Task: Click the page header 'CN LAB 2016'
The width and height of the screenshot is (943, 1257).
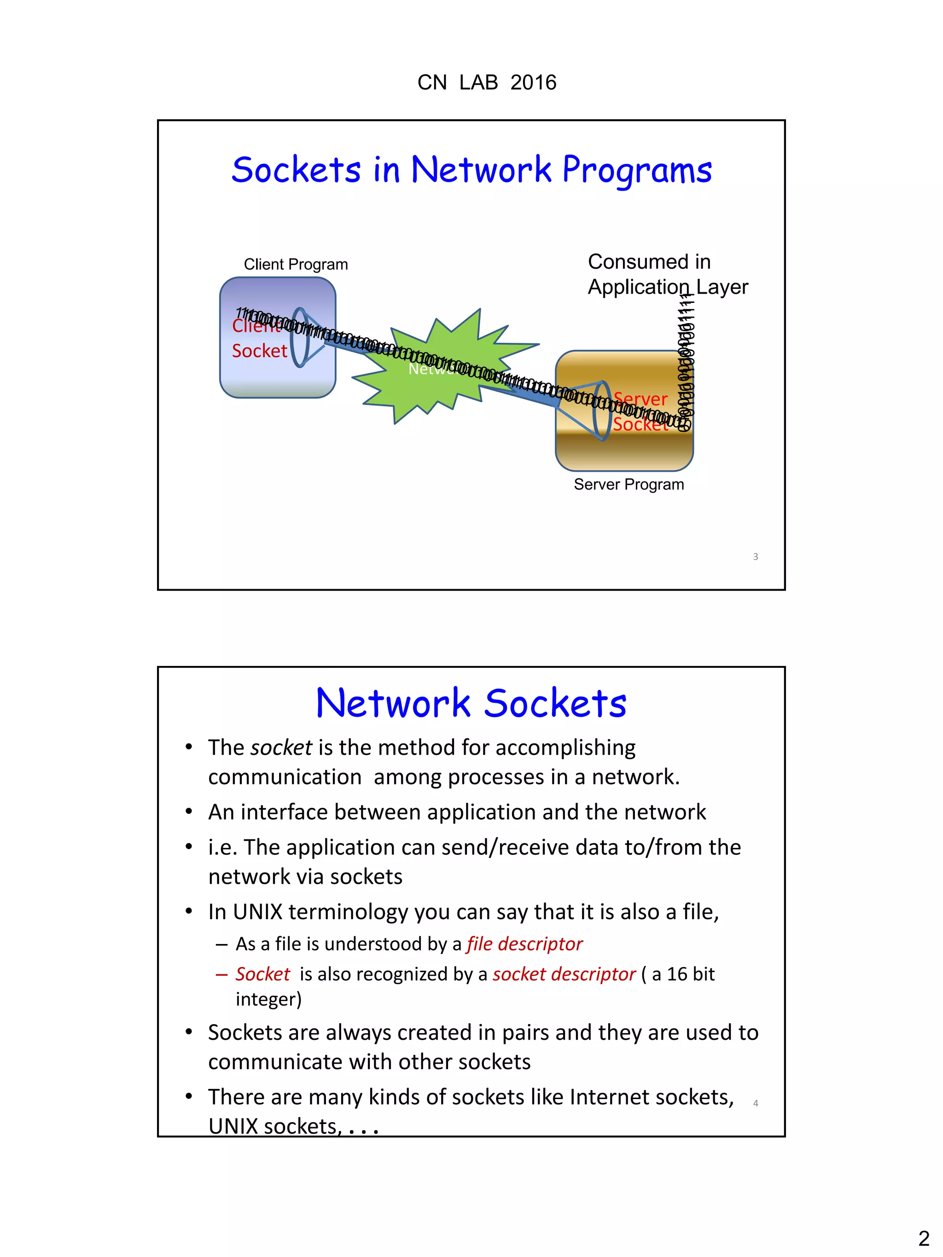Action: pyautogui.click(x=487, y=83)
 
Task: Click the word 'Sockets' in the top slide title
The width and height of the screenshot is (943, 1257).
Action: pyautogui.click(x=296, y=170)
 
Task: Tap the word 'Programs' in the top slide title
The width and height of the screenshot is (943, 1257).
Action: pyautogui.click(x=637, y=170)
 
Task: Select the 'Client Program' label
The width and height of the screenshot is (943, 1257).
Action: pyautogui.click(x=296, y=264)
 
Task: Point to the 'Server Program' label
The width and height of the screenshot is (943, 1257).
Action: pyautogui.click(x=629, y=484)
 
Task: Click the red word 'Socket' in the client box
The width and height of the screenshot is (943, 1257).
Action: pyautogui.click(x=259, y=351)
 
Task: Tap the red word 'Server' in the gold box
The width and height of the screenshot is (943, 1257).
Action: pyautogui.click(x=640, y=399)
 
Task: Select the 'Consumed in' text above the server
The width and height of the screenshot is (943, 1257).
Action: pyautogui.click(x=649, y=262)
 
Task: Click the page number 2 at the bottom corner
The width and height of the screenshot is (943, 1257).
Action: pyautogui.click(x=924, y=1238)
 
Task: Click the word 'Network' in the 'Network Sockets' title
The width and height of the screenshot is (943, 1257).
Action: pyautogui.click(x=393, y=703)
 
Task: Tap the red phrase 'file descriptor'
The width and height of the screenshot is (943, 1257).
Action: pyautogui.click(x=524, y=944)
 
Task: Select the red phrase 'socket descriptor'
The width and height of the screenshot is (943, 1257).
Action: pyautogui.click(x=564, y=974)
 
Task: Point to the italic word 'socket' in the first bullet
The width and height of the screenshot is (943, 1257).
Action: pyautogui.click(x=281, y=748)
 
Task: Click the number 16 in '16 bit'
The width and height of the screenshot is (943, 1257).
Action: pyautogui.click(x=677, y=974)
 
